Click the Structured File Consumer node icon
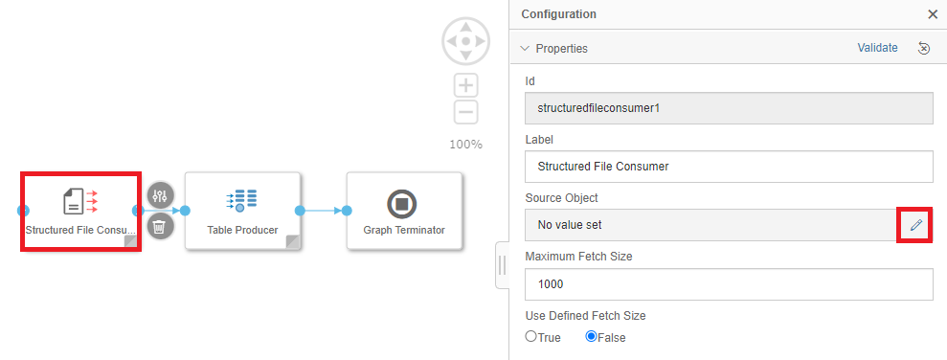point(80,201)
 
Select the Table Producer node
point(242,211)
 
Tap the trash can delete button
point(160,227)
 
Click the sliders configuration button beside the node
point(160,195)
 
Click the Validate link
point(877,48)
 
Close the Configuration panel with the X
point(933,14)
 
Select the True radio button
point(530,336)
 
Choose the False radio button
point(591,336)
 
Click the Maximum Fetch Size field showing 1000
point(729,284)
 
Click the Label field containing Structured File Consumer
point(729,166)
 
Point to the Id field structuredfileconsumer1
point(729,109)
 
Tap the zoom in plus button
point(465,85)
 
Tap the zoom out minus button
point(465,112)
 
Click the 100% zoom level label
point(465,145)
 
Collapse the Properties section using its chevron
point(525,48)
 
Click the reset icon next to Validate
point(923,48)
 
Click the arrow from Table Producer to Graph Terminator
point(323,211)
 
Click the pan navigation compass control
point(465,41)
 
